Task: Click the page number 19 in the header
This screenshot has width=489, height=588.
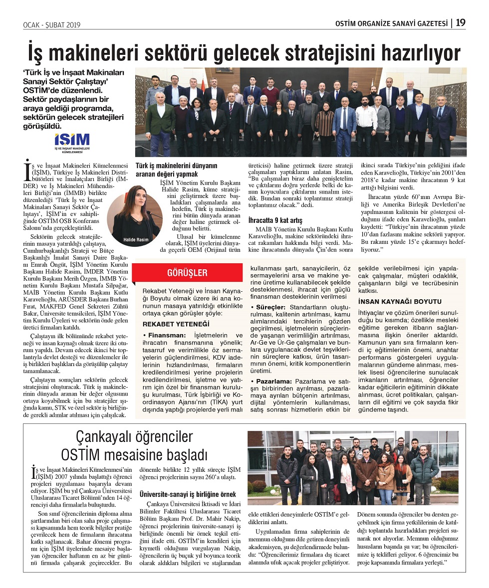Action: pos(461,22)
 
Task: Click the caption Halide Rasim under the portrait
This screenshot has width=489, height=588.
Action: pos(136,240)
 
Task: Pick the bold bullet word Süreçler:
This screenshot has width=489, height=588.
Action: pos(270,307)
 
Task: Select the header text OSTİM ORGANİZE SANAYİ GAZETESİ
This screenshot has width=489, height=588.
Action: pos(391,23)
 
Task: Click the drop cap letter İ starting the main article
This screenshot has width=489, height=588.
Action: pos(27,170)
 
